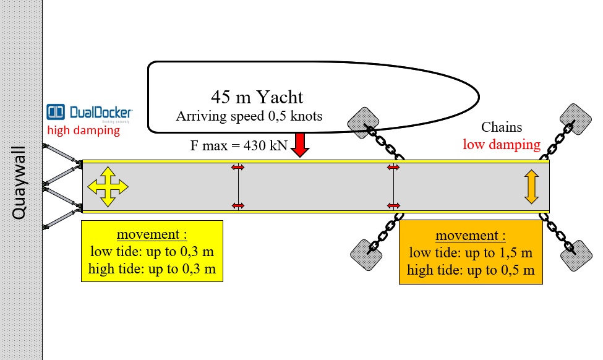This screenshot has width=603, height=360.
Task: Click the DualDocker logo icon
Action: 56,112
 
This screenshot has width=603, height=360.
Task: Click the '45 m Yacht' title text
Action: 257,97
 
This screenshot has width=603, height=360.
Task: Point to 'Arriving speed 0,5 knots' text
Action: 249,116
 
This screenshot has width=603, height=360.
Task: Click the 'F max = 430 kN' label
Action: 239,146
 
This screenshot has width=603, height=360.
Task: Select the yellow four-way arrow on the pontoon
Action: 108,186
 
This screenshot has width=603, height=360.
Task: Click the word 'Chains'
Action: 502,128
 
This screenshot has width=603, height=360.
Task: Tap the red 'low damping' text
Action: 502,145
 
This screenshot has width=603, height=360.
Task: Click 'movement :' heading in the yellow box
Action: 152,236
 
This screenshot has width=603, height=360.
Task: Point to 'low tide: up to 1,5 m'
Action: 471,253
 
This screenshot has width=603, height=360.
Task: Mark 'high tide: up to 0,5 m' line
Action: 471,270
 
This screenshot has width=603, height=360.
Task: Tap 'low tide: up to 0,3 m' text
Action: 152,252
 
